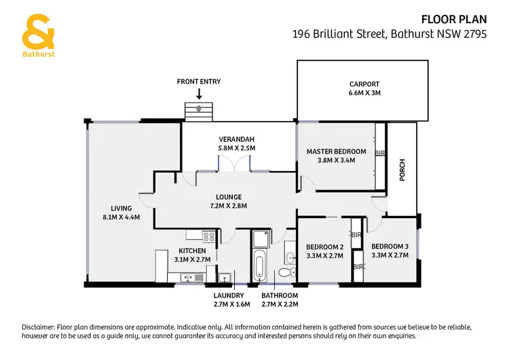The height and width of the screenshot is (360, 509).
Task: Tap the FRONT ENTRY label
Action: (x=199, y=82)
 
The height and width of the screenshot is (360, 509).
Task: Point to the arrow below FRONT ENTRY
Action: (x=199, y=94)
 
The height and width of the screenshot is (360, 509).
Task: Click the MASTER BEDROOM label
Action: (x=336, y=151)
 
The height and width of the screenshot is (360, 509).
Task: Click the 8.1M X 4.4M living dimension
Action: (x=116, y=217)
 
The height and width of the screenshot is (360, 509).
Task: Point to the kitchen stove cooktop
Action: (x=209, y=238)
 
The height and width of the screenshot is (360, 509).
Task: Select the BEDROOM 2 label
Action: (x=324, y=247)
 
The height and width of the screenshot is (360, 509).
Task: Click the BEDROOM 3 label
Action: (x=390, y=247)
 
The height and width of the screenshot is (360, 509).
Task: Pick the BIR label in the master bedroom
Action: (x=380, y=153)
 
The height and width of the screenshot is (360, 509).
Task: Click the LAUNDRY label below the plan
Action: (x=228, y=295)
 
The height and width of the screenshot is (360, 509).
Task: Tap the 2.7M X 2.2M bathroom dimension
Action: (x=280, y=304)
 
